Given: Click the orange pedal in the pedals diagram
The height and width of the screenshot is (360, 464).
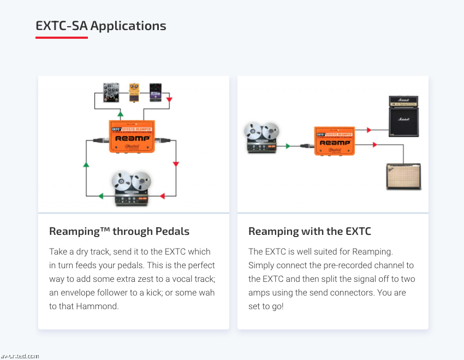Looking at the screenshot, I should click(x=134, y=92).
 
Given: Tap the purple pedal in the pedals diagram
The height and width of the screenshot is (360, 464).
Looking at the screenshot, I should click(x=156, y=92).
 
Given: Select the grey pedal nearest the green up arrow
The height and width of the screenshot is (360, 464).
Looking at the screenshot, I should click(x=111, y=92).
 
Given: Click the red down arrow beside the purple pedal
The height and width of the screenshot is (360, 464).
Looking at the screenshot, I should click(x=169, y=100).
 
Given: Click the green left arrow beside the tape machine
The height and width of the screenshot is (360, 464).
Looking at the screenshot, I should click(x=100, y=196).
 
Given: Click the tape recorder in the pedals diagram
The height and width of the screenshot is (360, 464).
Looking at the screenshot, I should click(x=131, y=188).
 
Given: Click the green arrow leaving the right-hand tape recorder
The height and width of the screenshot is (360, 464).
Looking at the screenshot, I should click(x=288, y=146).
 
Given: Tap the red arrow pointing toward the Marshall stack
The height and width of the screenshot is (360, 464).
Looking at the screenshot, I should click(x=369, y=130).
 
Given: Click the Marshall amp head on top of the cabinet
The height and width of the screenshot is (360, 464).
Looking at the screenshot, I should click(x=403, y=101).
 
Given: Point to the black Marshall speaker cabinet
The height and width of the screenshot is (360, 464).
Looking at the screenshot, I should click(x=403, y=121).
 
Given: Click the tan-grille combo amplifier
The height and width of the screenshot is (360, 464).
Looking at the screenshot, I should click(x=404, y=176).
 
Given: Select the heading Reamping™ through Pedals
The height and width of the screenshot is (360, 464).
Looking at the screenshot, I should click(x=119, y=231).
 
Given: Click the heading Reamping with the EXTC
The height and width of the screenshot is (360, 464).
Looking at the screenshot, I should click(x=310, y=231).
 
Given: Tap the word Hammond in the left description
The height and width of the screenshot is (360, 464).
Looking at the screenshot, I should click(x=99, y=306).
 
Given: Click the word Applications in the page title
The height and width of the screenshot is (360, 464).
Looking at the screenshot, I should click(x=129, y=26).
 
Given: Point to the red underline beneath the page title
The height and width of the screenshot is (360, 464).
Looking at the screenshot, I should click(x=62, y=38).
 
